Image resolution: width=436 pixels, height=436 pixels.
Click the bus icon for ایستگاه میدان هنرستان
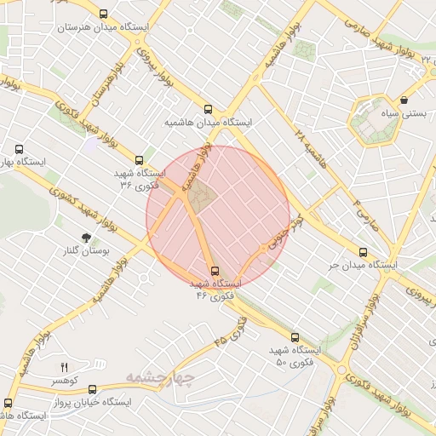(104, 14)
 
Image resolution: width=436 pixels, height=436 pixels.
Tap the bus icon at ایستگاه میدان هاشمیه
(209, 109)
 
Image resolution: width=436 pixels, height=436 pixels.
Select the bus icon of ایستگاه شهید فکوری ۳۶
(140, 159)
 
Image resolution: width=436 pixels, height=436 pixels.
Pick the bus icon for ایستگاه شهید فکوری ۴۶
(214, 270)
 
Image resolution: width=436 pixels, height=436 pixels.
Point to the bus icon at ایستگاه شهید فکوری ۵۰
(295, 337)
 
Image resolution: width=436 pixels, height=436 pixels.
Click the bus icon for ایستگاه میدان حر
(364, 252)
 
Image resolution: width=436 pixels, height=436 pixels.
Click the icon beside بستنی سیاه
(403, 100)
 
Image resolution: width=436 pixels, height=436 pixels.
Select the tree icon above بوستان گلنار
(85, 238)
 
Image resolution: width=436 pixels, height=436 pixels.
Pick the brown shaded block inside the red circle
(201, 198)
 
